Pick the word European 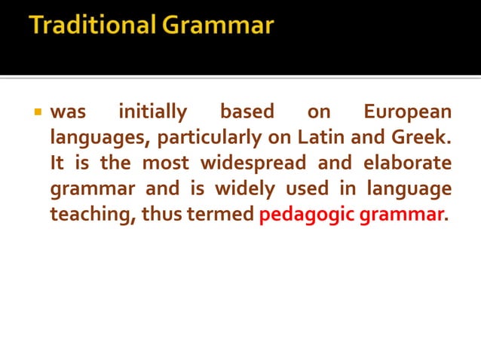407,113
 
